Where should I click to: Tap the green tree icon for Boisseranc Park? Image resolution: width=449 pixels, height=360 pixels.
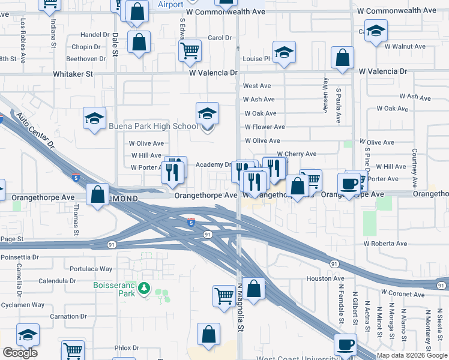[x=144, y=289]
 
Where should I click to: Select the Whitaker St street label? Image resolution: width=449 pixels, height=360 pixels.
[x=73, y=74]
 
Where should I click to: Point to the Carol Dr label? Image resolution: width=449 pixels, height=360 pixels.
[x=219, y=38]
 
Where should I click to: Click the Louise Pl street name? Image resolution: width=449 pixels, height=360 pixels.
[x=257, y=59]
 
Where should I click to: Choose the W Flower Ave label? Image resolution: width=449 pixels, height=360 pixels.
[x=265, y=127]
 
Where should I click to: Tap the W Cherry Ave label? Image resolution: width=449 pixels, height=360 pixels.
[x=297, y=154]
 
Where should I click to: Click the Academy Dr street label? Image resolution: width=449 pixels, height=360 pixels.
[x=213, y=165]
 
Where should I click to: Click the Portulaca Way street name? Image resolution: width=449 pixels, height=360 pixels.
[x=91, y=269]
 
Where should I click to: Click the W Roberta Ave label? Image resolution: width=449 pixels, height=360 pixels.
[x=385, y=244]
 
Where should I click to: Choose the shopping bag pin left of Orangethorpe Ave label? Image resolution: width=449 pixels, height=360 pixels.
[x=98, y=194]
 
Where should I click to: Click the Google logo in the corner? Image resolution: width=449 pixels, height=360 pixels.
[x=20, y=353]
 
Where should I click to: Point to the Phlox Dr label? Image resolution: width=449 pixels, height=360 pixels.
[x=127, y=347]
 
